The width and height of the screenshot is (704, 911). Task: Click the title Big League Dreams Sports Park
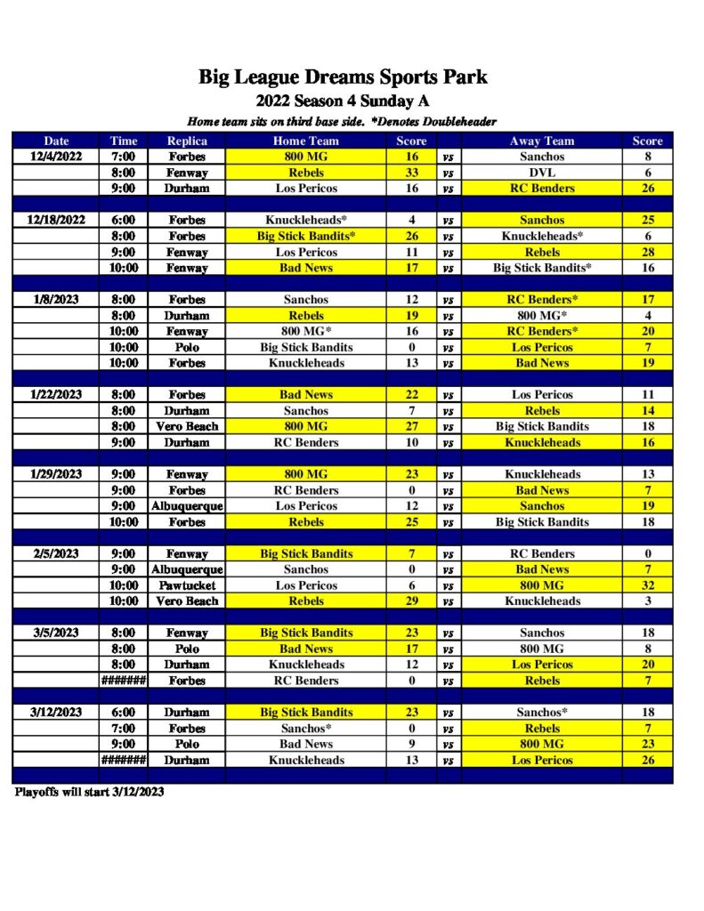(343, 77)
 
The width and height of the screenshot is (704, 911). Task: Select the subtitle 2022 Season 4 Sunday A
(343, 101)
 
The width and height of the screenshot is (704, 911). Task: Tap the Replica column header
(187, 141)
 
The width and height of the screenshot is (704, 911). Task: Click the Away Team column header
(542, 141)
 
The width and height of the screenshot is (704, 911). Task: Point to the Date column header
(56, 141)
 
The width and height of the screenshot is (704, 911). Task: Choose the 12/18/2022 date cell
(56, 220)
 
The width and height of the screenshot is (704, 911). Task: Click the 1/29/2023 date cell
(56, 474)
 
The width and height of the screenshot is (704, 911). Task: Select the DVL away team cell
(542, 173)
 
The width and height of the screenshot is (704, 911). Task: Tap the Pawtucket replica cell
(187, 585)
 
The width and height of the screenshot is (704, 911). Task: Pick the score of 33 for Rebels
(411, 173)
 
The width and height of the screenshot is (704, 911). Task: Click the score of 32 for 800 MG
(647, 585)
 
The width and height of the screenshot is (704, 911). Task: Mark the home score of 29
(411, 601)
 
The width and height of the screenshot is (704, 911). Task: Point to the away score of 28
(647, 252)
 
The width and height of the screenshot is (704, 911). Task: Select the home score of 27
(411, 426)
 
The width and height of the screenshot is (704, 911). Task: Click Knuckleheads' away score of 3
(647, 601)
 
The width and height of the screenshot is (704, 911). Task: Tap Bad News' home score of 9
(411, 744)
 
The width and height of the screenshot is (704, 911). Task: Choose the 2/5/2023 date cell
(56, 553)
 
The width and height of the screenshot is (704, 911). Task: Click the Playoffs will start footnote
(89, 791)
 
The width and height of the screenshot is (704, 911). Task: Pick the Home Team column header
(305, 141)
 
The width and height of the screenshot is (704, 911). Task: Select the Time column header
(124, 141)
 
